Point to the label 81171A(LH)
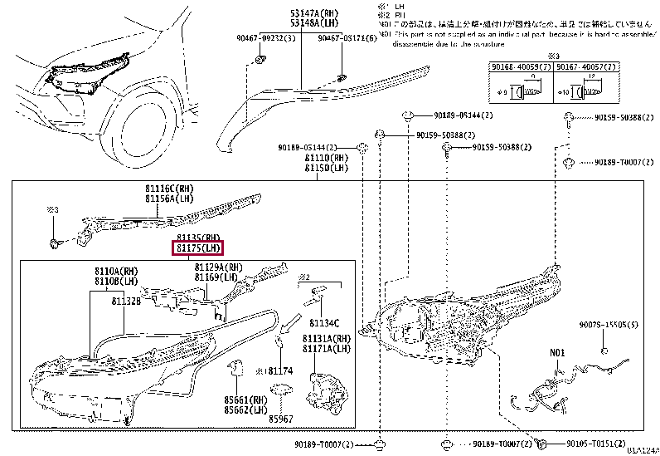point(327,351)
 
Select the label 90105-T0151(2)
point(598,444)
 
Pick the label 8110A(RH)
point(116,271)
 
